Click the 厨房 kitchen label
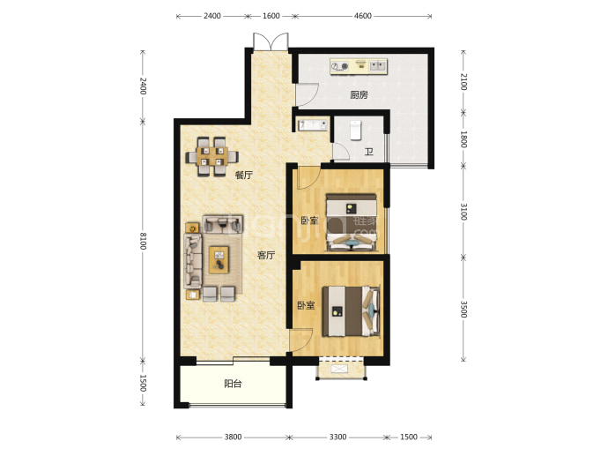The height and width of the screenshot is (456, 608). (x=359, y=94)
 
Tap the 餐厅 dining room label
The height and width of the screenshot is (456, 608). (x=244, y=175)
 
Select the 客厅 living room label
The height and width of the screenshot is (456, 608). (x=266, y=255)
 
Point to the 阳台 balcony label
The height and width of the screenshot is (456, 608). (x=233, y=384)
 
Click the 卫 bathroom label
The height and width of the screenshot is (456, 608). (x=368, y=152)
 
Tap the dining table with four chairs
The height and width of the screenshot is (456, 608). (x=211, y=156)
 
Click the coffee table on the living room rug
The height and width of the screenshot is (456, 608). (x=219, y=259)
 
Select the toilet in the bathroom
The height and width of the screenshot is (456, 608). (x=356, y=130)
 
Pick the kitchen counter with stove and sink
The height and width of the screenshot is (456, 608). (x=359, y=66)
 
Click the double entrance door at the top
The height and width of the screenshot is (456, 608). (x=271, y=42)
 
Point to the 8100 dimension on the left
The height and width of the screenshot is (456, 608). (x=143, y=241)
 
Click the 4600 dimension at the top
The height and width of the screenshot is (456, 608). (x=362, y=16)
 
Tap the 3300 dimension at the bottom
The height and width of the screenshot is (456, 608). (x=337, y=437)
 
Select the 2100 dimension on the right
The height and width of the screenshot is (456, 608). (x=463, y=81)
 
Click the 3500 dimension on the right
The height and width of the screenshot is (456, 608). (x=463, y=309)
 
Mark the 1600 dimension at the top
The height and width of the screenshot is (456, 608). (x=271, y=16)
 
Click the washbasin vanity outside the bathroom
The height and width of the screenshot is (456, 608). (x=312, y=125)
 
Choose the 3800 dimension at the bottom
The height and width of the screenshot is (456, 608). (x=233, y=437)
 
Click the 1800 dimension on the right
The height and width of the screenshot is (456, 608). (x=463, y=139)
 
